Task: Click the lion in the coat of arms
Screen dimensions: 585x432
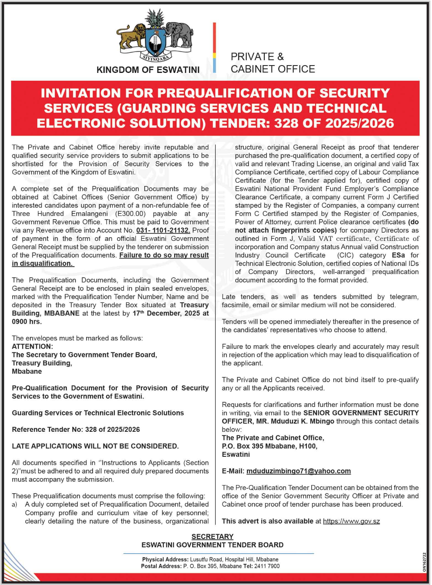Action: coord(130,36)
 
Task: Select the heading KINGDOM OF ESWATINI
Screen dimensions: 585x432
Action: coord(148,70)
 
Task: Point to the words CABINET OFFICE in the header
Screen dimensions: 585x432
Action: coord(273,69)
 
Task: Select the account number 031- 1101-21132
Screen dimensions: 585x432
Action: coord(163,230)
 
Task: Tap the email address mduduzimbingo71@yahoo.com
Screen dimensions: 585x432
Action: coord(298,471)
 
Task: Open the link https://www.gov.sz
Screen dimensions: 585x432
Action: coord(351,521)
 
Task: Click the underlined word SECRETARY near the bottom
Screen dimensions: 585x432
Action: coord(212,537)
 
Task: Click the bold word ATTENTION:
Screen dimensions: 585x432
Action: coord(32,347)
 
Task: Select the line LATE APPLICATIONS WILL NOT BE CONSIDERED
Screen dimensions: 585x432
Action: coord(95,446)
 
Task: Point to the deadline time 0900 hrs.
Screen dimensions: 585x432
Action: coord(27,322)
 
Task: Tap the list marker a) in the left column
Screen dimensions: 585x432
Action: coord(15,504)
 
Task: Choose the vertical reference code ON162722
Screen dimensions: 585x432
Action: coord(424,562)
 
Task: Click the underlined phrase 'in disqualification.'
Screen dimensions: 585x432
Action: coord(43,263)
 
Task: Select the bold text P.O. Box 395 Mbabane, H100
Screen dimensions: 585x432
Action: coord(269,446)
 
